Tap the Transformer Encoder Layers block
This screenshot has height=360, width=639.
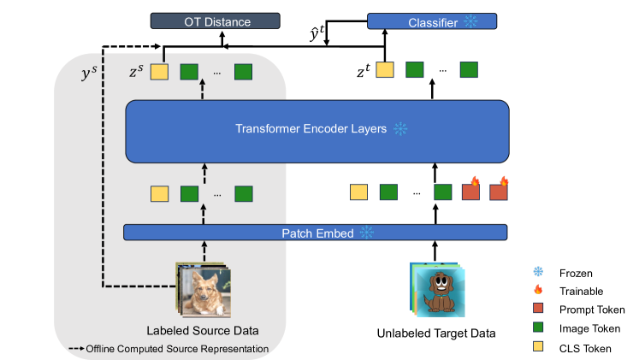click(x=317, y=130)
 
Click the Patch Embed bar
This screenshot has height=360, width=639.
click(x=316, y=233)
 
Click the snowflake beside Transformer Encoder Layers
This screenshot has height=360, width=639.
click(x=399, y=130)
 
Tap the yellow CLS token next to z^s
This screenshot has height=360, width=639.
click(x=160, y=71)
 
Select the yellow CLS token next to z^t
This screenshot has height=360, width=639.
click(x=385, y=71)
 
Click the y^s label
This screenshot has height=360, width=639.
click(x=88, y=75)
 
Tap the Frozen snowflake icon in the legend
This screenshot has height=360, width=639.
click(x=539, y=273)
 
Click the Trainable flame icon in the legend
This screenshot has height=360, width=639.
click(x=539, y=291)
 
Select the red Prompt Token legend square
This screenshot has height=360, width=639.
click(x=539, y=310)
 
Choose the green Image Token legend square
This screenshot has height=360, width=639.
click(x=539, y=328)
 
